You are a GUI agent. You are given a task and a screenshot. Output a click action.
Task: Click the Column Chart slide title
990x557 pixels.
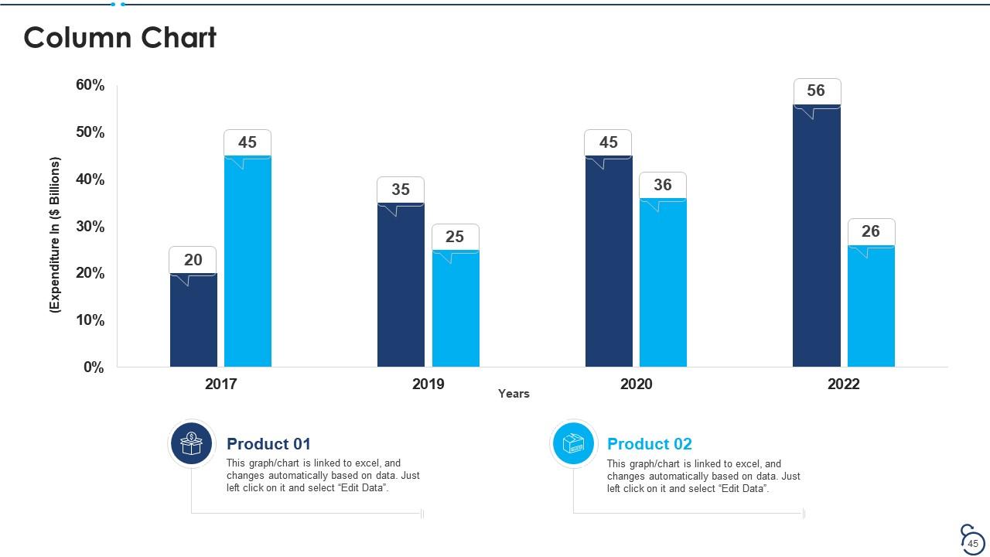click(120, 38)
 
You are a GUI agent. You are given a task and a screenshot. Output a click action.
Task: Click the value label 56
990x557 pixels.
click(816, 91)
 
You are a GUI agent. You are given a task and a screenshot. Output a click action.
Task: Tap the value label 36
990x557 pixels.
click(663, 184)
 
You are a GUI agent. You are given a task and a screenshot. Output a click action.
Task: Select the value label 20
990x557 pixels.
click(193, 259)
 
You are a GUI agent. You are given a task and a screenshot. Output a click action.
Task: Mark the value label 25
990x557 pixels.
click(455, 236)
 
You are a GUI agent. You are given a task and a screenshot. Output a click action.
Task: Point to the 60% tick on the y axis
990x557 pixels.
click(90, 85)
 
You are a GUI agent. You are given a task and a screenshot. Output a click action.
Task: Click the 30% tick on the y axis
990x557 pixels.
click(90, 227)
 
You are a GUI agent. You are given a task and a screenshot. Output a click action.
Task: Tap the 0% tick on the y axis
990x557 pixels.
click(94, 367)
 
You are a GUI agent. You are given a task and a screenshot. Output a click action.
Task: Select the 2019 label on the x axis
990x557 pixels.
click(428, 384)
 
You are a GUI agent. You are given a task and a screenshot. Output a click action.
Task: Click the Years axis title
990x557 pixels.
click(514, 394)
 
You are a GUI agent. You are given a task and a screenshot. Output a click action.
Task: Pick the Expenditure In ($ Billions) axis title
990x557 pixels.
click(55, 234)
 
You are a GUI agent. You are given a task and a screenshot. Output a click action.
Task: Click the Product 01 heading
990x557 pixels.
click(268, 444)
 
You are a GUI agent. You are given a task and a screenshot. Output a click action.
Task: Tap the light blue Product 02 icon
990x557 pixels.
click(573, 444)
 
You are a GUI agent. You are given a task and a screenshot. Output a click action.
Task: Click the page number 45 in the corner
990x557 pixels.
click(973, 544)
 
